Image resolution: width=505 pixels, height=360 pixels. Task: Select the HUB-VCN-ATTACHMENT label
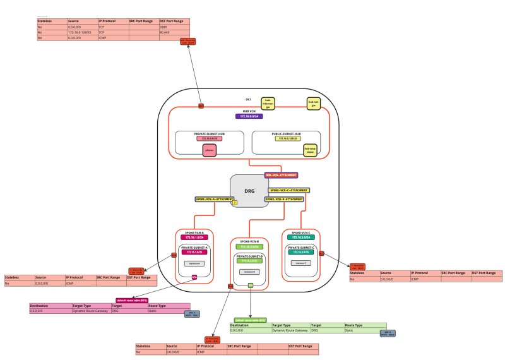pos(281,175)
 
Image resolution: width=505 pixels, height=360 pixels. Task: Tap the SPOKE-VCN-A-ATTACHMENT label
pos(213,199)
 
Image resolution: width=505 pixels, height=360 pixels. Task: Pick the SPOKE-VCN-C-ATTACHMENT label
pos(289,190)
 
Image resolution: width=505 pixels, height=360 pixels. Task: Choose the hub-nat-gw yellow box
pos(312,103)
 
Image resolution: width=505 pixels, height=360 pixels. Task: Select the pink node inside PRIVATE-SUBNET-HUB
pos(210,150)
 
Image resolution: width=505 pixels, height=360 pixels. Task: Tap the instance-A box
pos(194,263)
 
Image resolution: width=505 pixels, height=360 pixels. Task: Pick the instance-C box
pos(300,263)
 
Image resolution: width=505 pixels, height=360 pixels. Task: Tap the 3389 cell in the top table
pos(162,28)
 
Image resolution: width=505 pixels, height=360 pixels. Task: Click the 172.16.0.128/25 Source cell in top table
pos(80,33)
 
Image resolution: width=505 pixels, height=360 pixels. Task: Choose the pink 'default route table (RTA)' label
pos(132,300)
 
